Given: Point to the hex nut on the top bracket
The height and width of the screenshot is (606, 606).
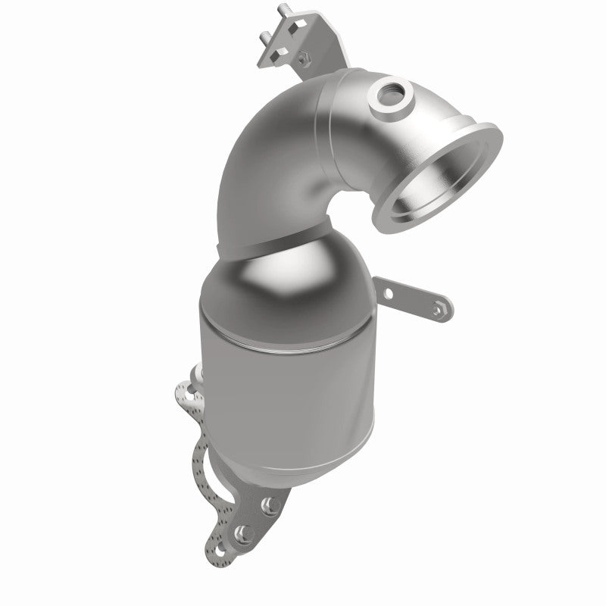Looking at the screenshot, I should pyautogui.click(x=302, y=56).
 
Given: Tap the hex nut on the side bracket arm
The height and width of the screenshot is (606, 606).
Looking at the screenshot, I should pyautogui.click(x=438, y=308).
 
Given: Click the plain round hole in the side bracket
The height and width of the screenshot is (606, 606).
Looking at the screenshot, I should pyautogui.click(x=390, y=292).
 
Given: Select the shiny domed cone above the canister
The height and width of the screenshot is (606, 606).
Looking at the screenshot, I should pyautogui.click(x=288, y=280).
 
